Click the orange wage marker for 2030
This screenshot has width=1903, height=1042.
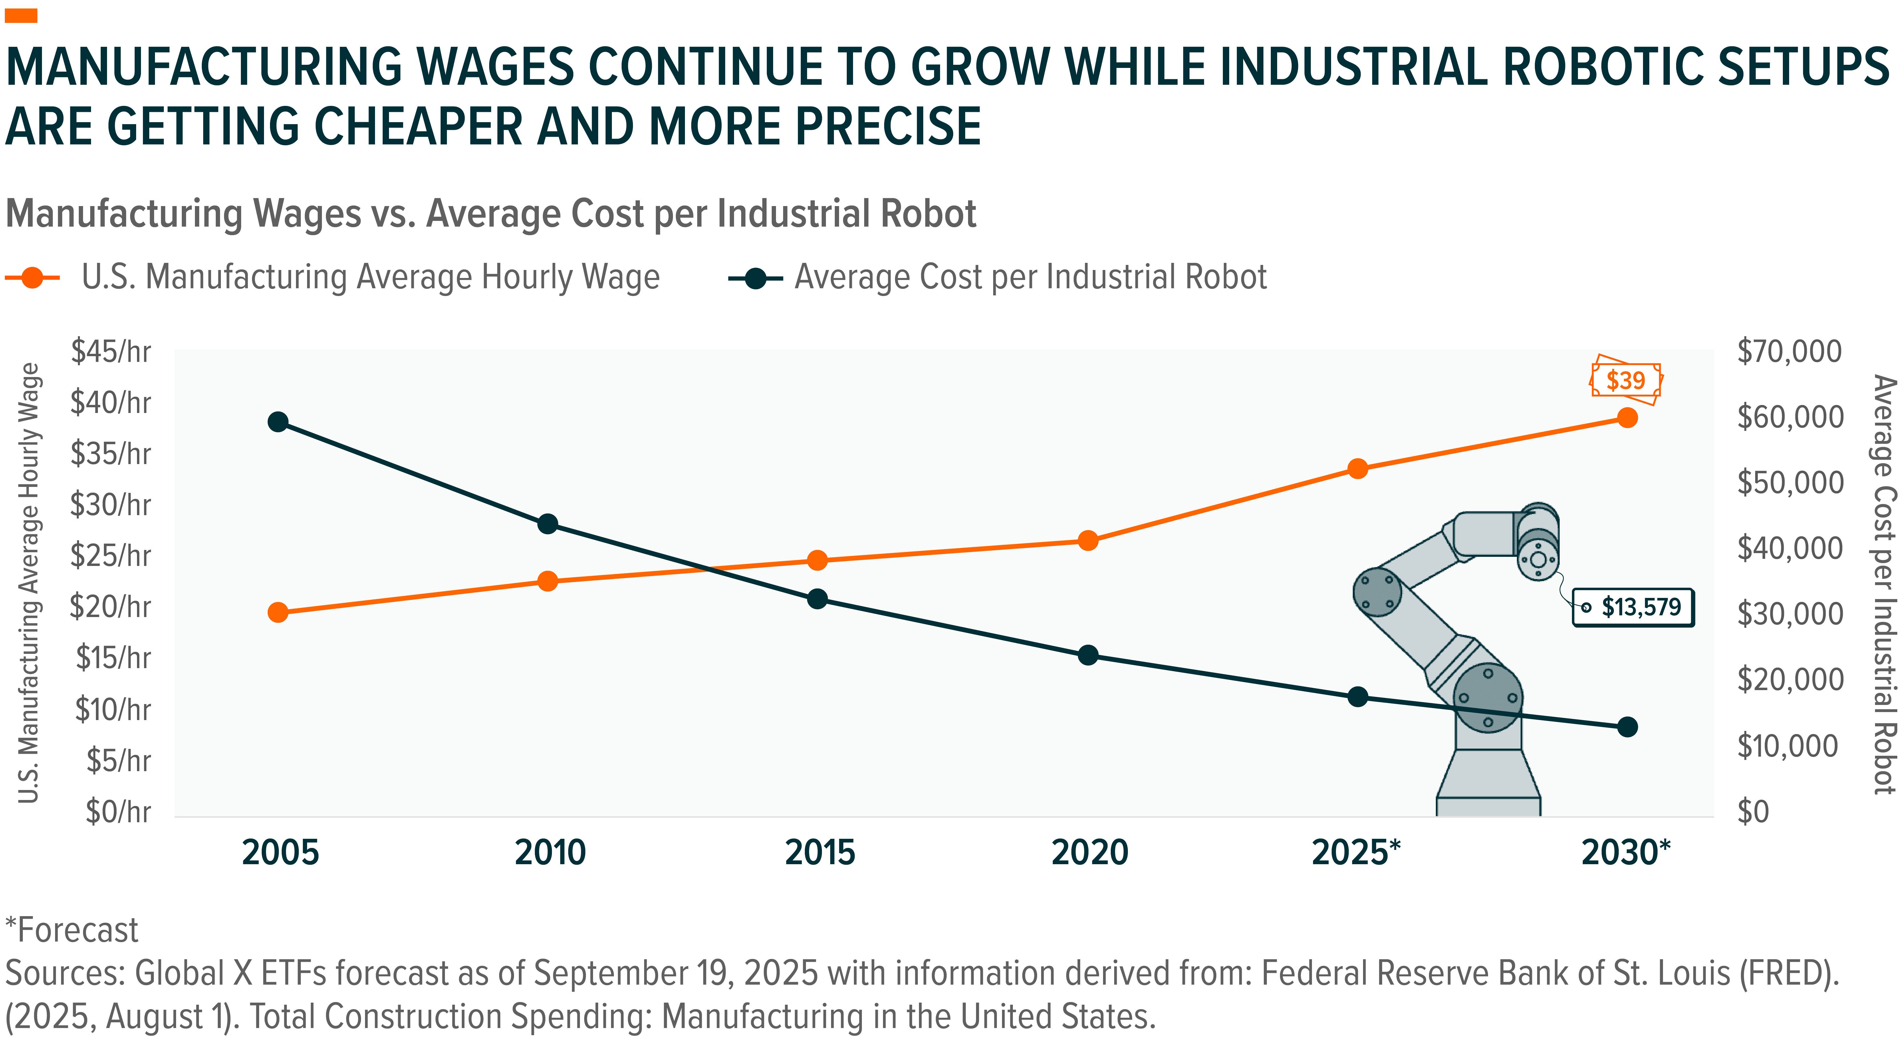(x=1627, y=418)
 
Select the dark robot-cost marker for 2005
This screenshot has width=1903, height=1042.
(x=278, y=422)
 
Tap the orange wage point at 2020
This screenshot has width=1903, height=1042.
(x=1087, y=541)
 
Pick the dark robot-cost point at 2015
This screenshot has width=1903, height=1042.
(x=817, y=598)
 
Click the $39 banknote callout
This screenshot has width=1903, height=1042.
(x=1625, y=380)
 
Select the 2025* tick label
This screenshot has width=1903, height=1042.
(x=1356, y=853)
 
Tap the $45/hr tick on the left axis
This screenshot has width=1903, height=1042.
(x=111, y=352)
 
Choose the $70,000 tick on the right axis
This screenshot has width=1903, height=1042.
(x=1789, y=352)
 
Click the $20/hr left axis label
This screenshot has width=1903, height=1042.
(x=111, y=607)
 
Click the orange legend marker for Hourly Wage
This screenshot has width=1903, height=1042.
(x=33, y=278)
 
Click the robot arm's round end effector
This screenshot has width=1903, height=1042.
(x=1538, y=559)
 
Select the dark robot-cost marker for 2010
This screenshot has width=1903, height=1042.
(x=547, y=524)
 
